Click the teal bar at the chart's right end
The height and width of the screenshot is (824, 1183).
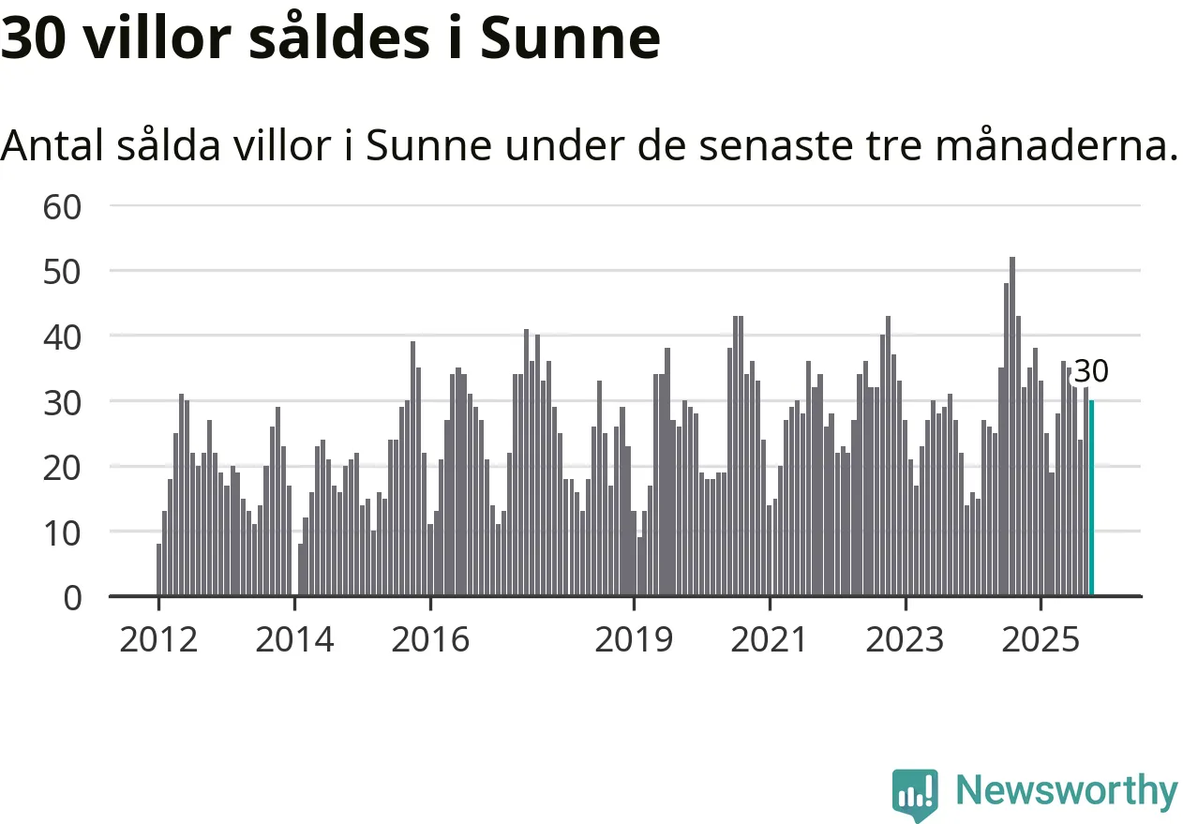1091,498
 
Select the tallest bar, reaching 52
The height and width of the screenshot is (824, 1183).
1012,427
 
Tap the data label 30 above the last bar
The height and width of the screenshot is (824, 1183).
1090,372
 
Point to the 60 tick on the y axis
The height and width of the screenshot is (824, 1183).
64,205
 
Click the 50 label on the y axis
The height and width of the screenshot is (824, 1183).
64,271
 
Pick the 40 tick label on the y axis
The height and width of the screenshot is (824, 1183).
64,336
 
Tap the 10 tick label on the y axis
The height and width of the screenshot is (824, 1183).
64,532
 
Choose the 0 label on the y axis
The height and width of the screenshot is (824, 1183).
72,597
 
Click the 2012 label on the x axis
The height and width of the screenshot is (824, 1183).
158,640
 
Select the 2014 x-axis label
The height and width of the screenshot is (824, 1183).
294,640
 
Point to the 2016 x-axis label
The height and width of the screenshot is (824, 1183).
430,640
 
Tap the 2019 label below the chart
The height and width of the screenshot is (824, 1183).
634,640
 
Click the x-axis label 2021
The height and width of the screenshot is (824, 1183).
770,640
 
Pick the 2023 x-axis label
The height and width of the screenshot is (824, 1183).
906,640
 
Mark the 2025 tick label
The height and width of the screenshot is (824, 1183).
1041,640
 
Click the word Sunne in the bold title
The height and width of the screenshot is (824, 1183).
571,39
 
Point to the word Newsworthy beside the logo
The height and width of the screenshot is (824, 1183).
1067,791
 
